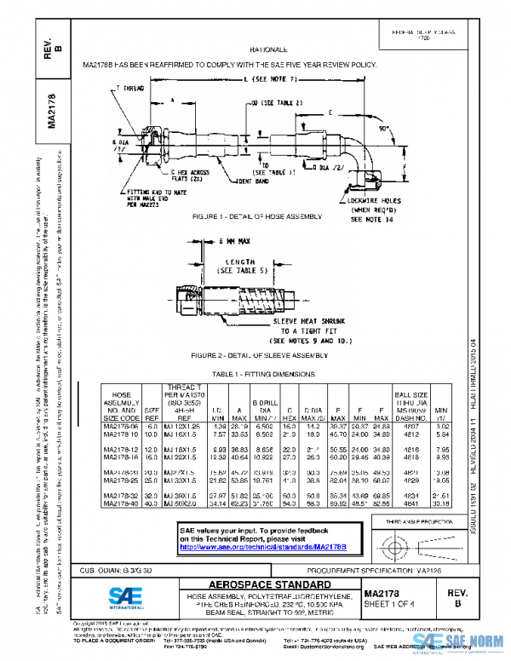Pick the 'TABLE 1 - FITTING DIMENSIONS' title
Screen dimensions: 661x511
(x=255, y=375)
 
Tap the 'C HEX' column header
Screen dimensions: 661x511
(x=289, y=413)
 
